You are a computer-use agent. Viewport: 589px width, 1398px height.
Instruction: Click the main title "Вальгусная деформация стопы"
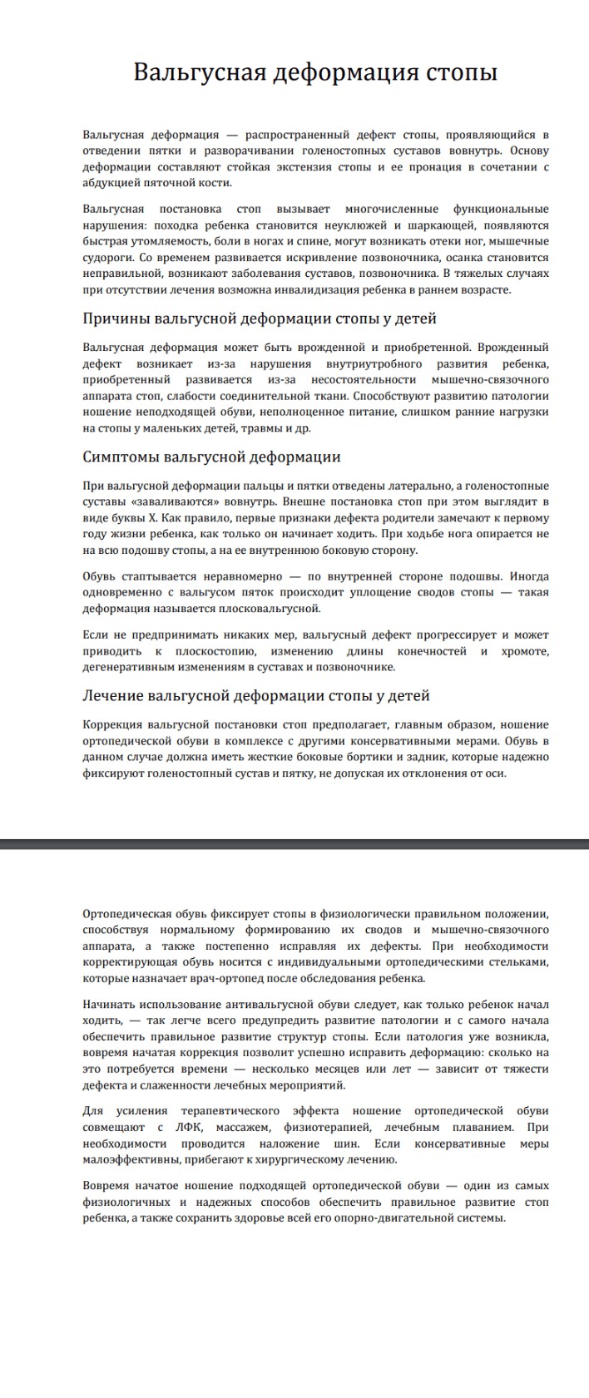(x=315, y=72)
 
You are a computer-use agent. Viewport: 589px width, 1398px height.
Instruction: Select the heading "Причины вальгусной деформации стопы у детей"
(x=260, y=319)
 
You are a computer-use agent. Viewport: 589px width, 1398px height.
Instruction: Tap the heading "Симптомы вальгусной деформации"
(x=211, y=457)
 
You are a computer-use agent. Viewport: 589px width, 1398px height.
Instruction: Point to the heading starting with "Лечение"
(x=256, y=695)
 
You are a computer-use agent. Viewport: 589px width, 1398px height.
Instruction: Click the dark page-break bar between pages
(x=294, y=844)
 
